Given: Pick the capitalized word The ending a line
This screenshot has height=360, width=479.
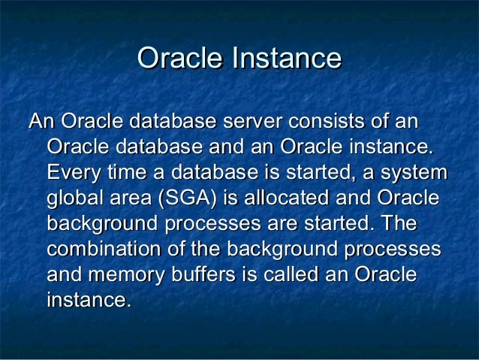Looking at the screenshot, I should [x=399, y=225].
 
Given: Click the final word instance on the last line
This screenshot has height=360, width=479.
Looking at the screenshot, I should [x=88, y=301].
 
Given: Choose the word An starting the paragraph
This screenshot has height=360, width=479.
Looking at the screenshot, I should [x=41, y=121].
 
